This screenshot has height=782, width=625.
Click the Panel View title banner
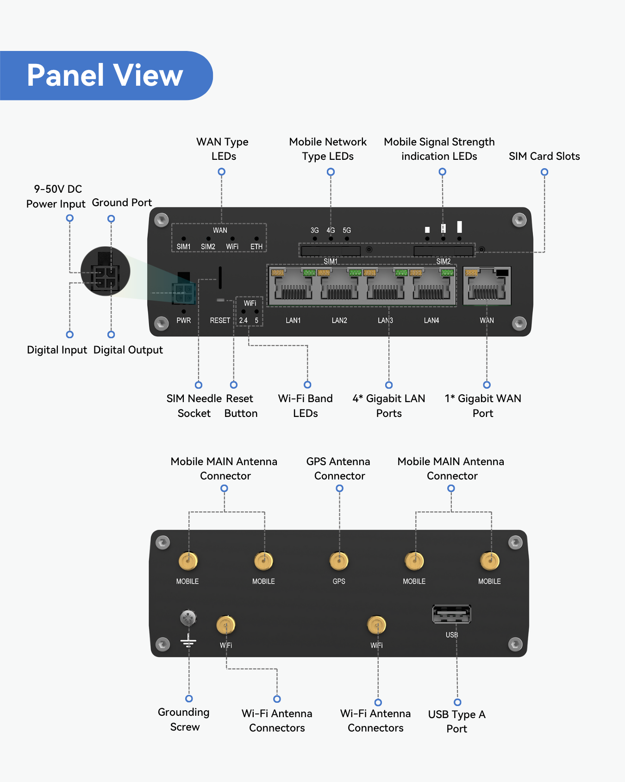point(106,76)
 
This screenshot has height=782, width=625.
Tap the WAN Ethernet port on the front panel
point(487,286)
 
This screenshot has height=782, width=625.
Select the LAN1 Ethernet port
point(293,286)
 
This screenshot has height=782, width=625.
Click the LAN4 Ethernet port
point(431,286)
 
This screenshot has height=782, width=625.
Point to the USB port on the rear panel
point(451,614)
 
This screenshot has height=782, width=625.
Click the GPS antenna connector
point(339,561)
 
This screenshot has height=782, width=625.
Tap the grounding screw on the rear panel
point(188,618)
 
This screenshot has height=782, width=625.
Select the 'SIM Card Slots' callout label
point(544,156)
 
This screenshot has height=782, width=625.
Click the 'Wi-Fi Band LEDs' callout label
point(306,406)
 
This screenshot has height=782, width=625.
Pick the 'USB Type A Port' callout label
point(457,721)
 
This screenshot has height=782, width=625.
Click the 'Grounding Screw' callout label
point(184,719)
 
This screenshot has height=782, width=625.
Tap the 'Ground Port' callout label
point(122,202)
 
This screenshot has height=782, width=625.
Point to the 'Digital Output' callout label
point(128,350)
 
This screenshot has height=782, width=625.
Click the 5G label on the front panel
point(347,230)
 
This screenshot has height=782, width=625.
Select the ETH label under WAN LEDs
point(256,247)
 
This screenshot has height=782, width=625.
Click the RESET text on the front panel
point(220,321)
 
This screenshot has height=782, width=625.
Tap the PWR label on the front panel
point(184,321)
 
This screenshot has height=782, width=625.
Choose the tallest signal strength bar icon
point(459,227)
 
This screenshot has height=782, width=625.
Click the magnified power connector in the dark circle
point(106,271)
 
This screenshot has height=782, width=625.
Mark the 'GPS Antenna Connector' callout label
point(339,468)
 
